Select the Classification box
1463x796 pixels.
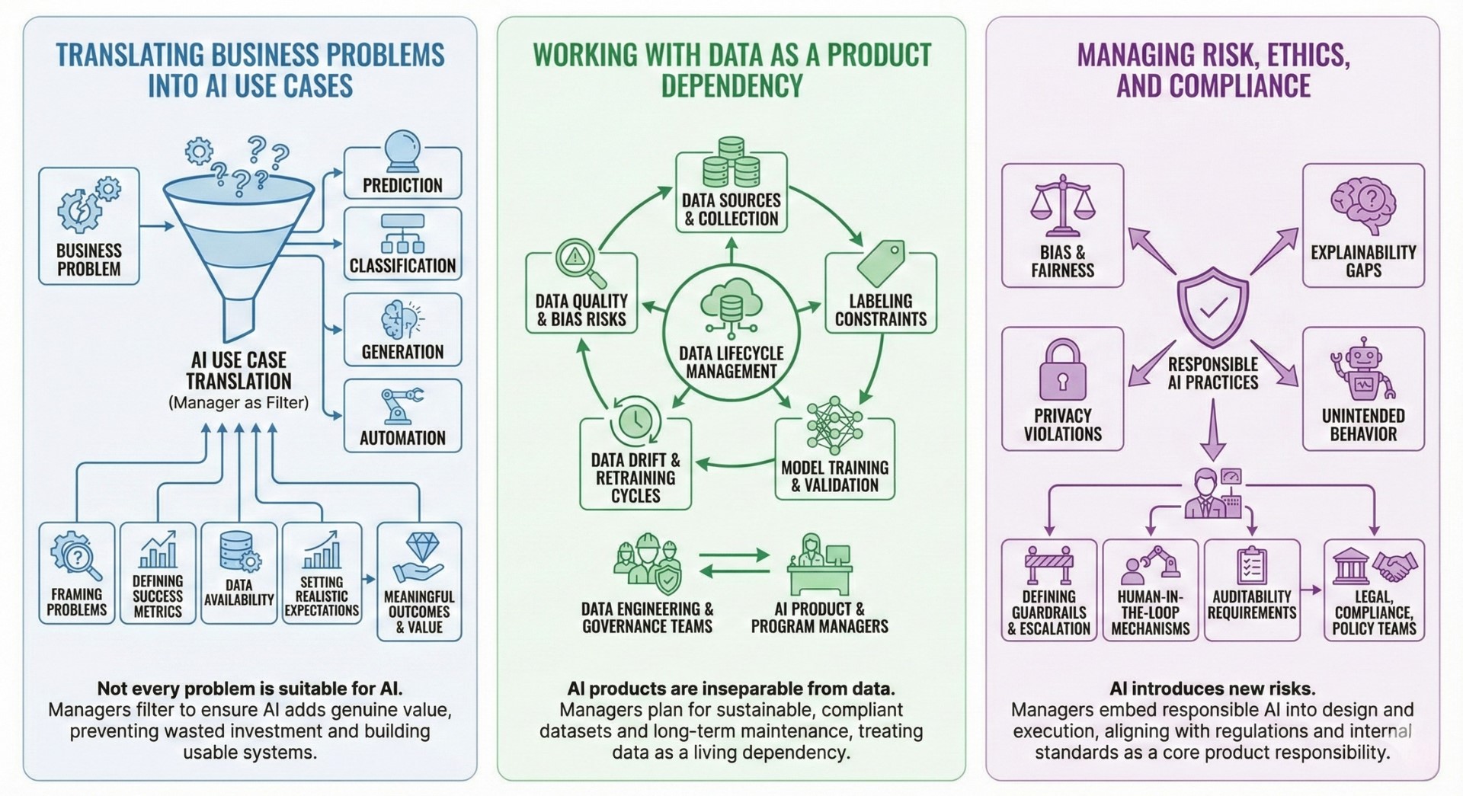(402, 244)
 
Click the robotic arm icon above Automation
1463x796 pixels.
(402, 405)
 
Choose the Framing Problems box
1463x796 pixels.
(77, 573)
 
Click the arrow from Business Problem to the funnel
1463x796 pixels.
(157, 226)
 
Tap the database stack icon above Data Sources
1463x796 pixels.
(731, 163)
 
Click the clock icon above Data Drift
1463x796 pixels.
(635, 421)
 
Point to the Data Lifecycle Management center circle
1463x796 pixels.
(731, 335)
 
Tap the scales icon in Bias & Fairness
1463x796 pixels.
(1061, 206)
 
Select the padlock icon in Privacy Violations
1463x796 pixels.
(1062, 370)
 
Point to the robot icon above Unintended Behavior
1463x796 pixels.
(1362, 371)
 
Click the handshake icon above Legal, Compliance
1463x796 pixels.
(1395, 567)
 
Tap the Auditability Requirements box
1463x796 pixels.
(1251, 589)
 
